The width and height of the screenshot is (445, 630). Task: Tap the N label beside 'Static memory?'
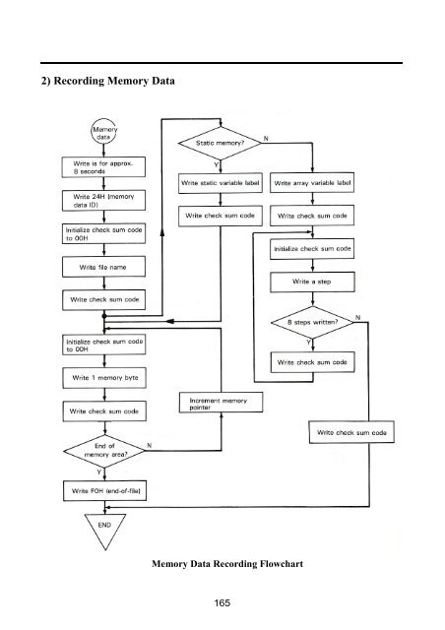266,139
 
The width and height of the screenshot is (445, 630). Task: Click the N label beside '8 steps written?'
357,318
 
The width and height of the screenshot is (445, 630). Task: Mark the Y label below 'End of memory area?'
98,472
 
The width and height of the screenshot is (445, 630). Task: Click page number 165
222,602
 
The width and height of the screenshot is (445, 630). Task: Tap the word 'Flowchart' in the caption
282,564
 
